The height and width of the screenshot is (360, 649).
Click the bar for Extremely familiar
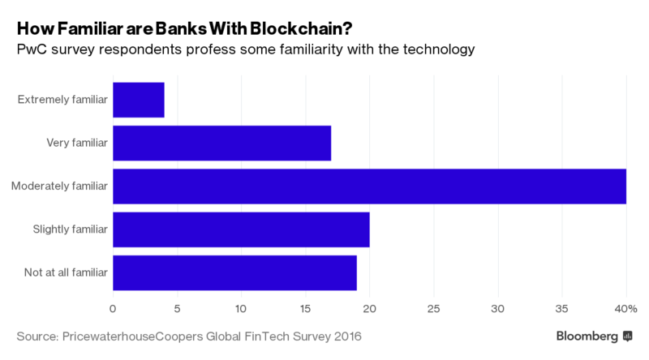click(139, 100)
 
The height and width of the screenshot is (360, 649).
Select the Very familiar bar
click(221, 144)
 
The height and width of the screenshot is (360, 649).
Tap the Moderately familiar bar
click(369, 186)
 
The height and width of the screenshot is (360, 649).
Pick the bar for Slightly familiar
click(241, 230)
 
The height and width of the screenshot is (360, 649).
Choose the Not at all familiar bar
click(234, 273)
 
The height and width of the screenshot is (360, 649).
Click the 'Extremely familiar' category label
click(62, 100)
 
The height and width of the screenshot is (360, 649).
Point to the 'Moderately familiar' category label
click(59, 186)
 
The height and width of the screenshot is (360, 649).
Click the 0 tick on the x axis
click(113, 308)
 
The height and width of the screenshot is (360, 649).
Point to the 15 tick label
click(305, 308)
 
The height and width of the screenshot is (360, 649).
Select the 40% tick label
click(625, 308)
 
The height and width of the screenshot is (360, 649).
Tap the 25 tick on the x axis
click(433, 308)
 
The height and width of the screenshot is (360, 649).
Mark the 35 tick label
click(561, 308)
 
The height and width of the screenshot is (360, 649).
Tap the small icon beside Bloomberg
click(627, 336)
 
